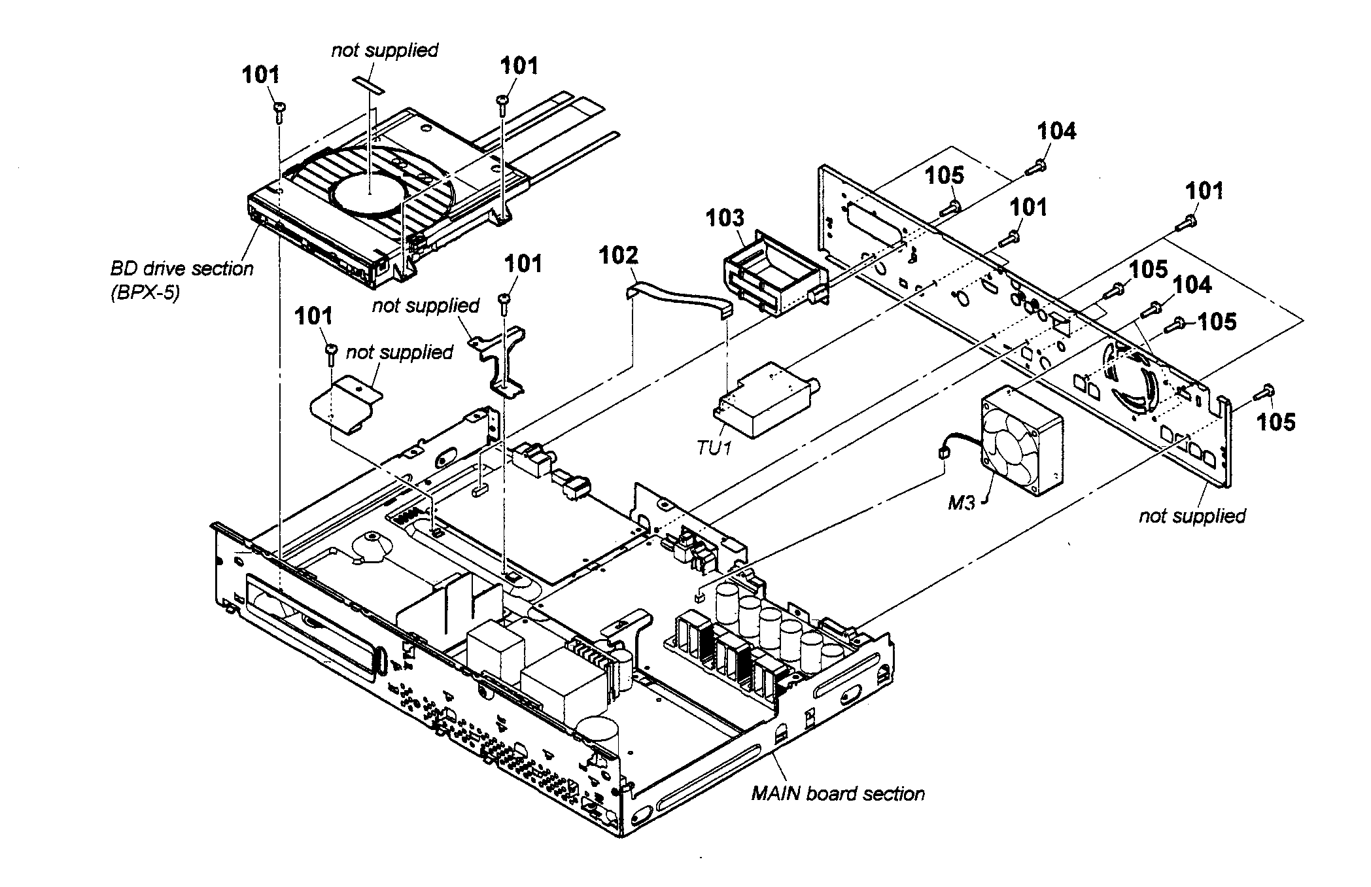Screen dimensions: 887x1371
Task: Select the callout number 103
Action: (724, 218)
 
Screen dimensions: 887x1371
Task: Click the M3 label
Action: (961, 503)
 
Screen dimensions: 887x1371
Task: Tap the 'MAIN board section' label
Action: (838, 794)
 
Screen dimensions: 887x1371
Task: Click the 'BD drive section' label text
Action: (182, 269)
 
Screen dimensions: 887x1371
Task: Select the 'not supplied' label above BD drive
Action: (385, 50)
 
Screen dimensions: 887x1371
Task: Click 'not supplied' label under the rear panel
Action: (1192, 516)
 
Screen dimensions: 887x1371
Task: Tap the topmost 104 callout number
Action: (1056, 131)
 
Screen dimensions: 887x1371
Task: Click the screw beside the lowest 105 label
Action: (1263, 393)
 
